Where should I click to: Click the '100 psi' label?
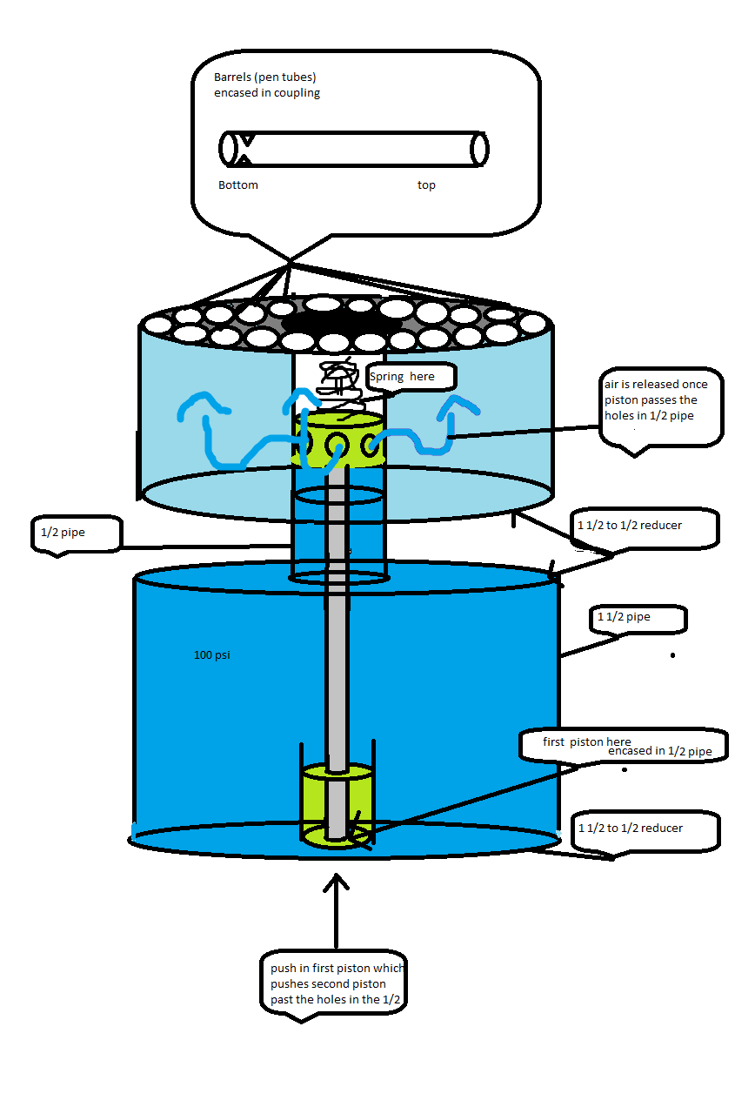(x=211, y=654)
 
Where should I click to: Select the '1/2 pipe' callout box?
(x=75, y=533)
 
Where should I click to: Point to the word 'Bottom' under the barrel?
(x=237, y=185)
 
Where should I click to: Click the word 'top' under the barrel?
(x=426, y=185)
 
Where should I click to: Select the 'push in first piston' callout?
(x=336, y=983)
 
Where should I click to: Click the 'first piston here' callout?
(x=588, y=742)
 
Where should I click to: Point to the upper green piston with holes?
(x=340, y=439)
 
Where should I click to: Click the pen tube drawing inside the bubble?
(x=353, y=149)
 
